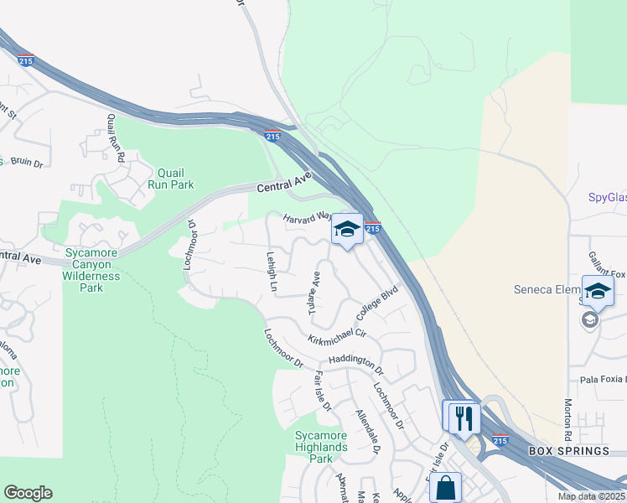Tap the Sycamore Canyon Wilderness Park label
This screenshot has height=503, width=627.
click(91, 269)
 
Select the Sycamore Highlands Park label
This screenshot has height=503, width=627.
click(321, 447)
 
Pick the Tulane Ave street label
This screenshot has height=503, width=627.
click(314, 293)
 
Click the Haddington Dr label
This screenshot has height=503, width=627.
click(355, 362)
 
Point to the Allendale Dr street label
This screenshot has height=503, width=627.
click(368, 433)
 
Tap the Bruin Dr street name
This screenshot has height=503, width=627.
click(26, 163)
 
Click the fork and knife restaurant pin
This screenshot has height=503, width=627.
click(464, 417)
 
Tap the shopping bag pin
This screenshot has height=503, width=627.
click(445, 487)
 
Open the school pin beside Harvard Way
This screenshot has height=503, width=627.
click(347, 231)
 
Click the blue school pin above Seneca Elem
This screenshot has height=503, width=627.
click(598, 292)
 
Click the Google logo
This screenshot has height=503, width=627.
click(28, 493)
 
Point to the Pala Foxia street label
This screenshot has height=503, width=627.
click(596, 380)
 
